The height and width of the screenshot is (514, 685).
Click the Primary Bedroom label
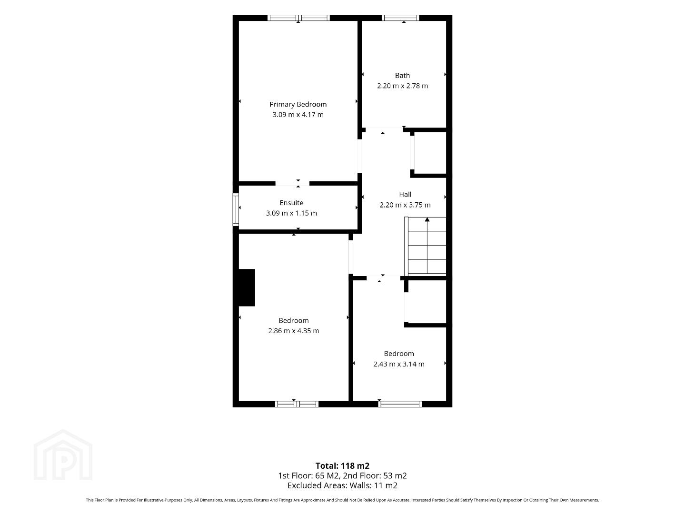298,105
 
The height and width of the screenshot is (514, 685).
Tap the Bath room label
402,76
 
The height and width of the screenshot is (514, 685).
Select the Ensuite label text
291,203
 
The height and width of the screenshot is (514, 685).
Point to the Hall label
405,194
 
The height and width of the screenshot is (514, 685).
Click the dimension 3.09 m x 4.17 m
298,115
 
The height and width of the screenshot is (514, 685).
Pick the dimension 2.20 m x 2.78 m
402,86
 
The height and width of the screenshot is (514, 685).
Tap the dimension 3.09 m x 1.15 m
291,213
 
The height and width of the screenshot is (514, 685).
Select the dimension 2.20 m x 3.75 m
405,205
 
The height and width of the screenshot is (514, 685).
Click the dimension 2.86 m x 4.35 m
294,331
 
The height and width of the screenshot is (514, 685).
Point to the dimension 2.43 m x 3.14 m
399,364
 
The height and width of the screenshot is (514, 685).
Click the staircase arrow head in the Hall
427,219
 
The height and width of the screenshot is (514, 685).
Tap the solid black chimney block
247,287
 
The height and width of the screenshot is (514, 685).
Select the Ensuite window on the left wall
236,209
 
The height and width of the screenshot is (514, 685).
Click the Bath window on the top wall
400,18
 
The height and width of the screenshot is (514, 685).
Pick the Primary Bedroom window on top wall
298,18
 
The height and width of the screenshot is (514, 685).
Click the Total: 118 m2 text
342,465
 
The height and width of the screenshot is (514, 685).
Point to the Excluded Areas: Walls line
342,485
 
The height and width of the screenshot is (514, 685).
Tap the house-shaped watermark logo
63,455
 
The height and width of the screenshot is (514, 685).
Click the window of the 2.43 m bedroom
400,404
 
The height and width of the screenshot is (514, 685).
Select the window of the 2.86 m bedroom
297,404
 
